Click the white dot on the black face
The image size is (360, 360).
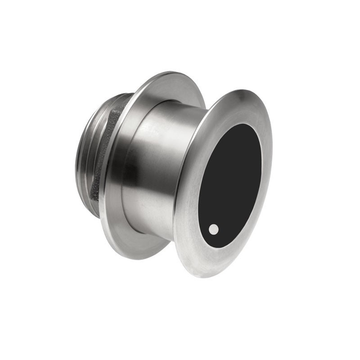tap(214, 229)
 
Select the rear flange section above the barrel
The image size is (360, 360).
tap(175, 83)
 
